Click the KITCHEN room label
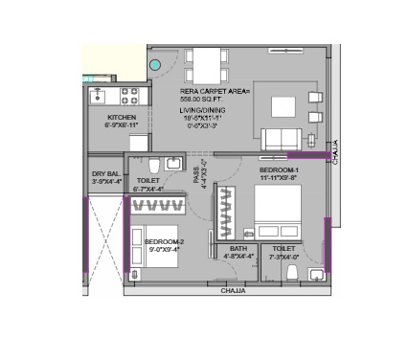(x=122, y=117)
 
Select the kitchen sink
(x=99, y=96)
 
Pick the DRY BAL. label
(x=105, y=172)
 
